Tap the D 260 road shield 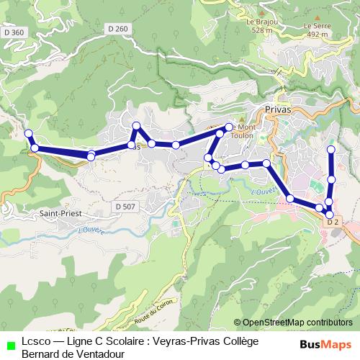pyautogui.click(x=120, y=29)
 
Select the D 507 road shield pyautogui.click(x=123, y=207)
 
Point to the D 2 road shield pyautogui.click(x=333, y=222)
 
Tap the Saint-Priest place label pyautogui.click(x=61, y=214)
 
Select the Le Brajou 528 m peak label pyautogui.click(x=261, y=27)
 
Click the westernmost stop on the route pyautogui.click(x=29, y=133)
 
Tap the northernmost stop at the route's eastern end pyautogui.click(x=331, y=150)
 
